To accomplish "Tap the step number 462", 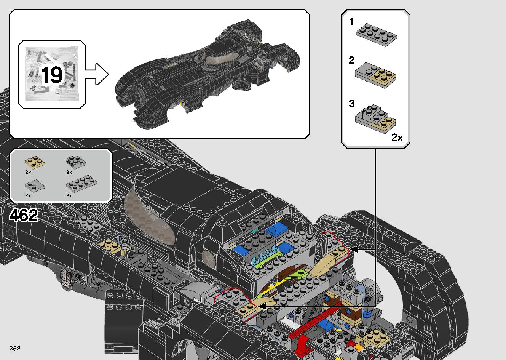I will pyautogui.click(x=24, y=216).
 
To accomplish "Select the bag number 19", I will pyautogui.click(x=52, y=75).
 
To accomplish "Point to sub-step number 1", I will pyautogui.click(x=352, y=22).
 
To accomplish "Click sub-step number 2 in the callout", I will pyautogui.click(x=352, y=60).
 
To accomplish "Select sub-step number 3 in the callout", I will pyautogui.click(x=352, y=103).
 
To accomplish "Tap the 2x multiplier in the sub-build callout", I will pyautogui.click(x=397, y=138).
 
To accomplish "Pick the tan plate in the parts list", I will pyautogui.click(x=34, y=162).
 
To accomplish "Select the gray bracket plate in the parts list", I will pyautogui.click(x=75, y=162).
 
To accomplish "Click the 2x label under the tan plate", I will pyautogui.click(x=28, y=173).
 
